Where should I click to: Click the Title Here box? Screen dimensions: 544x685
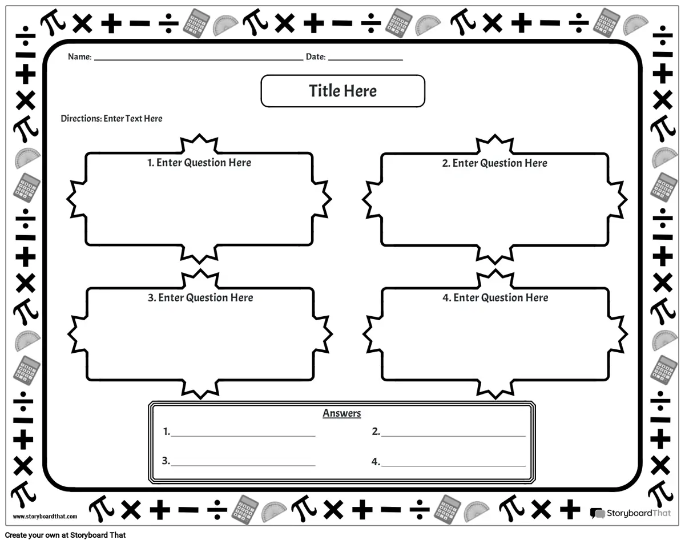point(342,91)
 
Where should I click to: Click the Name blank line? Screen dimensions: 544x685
point(198,59)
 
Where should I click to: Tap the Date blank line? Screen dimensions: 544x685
point(365,59)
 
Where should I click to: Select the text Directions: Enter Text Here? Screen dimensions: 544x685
point(111,119)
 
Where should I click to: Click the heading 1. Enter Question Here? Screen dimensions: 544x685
point(199,163)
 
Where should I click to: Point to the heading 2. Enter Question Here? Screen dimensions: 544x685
point(494,163)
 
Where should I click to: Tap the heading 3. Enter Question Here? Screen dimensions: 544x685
point(200,297)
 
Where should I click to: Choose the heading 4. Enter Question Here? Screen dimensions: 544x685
point(495,297)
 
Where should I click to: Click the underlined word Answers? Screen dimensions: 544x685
point(342,413)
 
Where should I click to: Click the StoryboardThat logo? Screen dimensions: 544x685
point(630,513)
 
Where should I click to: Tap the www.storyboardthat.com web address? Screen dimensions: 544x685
point(45,517)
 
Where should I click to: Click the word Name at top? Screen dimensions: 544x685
point(79,57)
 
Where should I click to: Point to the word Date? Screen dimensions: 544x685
point(315,57)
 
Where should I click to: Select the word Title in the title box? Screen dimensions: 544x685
point(324,91)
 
